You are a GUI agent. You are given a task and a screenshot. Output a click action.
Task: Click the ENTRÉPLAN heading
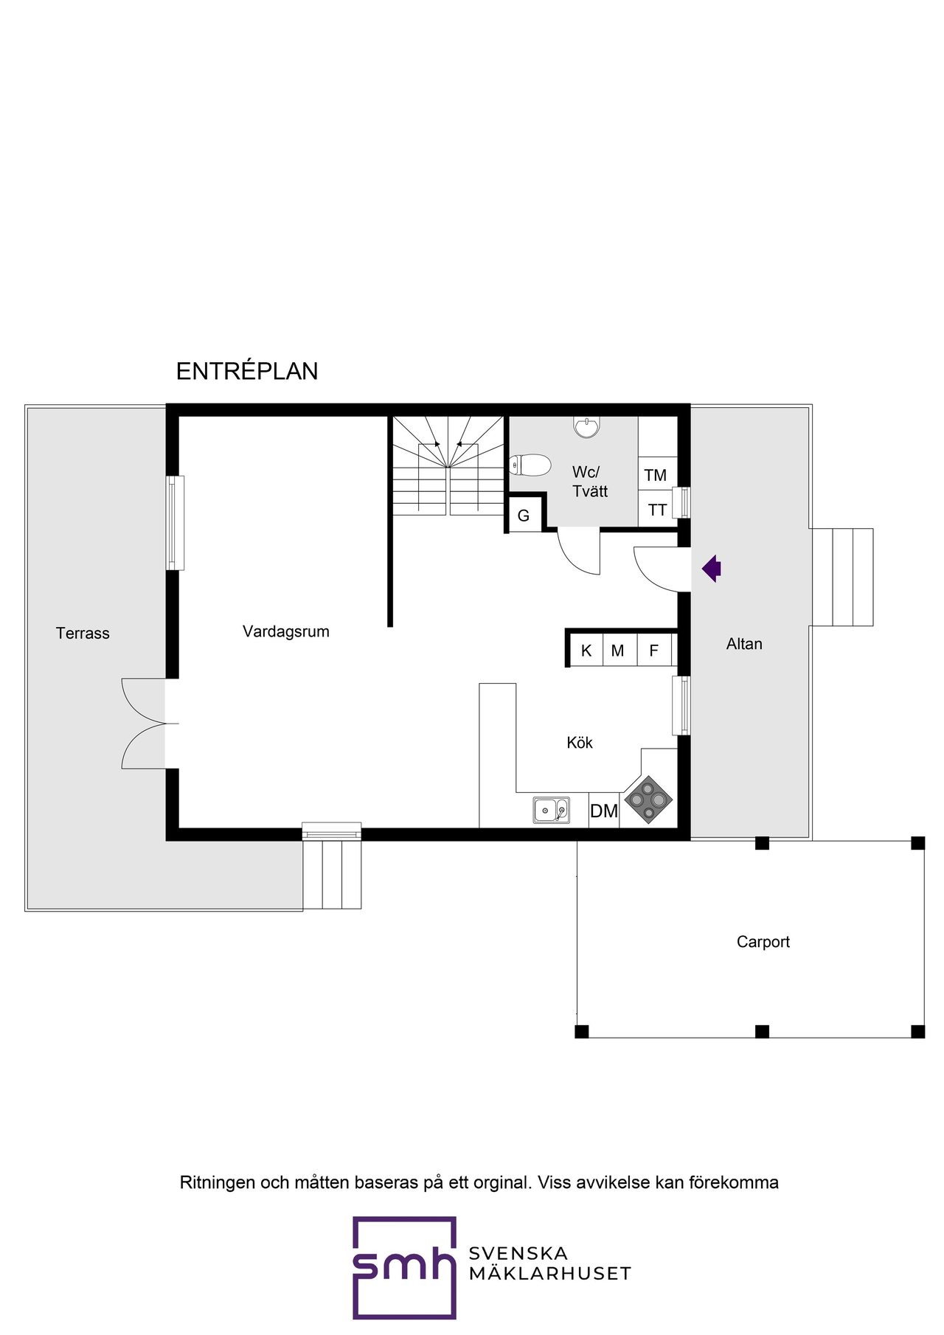click(x=247, y=371)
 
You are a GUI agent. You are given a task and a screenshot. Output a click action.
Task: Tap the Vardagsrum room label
click(x=285, y=631)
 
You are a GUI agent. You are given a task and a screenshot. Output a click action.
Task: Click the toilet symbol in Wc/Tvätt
click(x=530, y=465)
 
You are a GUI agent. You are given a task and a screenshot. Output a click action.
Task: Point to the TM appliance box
click(x=656, y=475)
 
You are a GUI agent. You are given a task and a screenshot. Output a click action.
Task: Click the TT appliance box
click(x=657, y=510)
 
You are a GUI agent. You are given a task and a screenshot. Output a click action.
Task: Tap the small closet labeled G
click(x=524, y=516)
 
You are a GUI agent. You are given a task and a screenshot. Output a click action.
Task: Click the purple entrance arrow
click(x=712, y=569)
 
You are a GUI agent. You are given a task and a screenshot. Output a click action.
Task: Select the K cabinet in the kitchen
click(x=586, y=651)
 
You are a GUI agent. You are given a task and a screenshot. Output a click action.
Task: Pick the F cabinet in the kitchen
click(x=653, y=651)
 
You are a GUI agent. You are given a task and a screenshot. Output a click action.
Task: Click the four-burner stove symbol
click(x=648, y=800)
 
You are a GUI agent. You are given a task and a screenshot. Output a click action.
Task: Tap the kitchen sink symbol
click(x=551, y=810)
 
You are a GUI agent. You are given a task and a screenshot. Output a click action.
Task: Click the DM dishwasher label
click(x=603, y=811)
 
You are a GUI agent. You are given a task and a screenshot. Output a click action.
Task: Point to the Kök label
click(x=580, y=743)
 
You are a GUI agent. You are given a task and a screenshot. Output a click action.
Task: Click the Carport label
click(x=763, y=942)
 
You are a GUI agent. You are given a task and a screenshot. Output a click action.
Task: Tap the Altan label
click(x=744, y=644)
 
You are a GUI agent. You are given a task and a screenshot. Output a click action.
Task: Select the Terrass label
click(x=83, y=633)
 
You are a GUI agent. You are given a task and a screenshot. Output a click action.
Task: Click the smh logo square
click(x=403, y=1267)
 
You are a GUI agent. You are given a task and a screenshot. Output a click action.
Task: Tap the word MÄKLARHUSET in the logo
click(x=549, y=1274)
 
